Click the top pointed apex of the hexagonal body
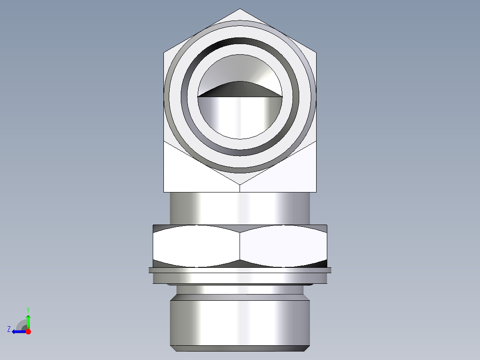240,10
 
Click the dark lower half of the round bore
240,116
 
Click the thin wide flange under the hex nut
240,270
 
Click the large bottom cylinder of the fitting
240,323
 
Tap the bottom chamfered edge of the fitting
240,348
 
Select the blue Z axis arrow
18,331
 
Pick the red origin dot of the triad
28,331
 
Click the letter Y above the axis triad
28,309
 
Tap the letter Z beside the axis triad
9,329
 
